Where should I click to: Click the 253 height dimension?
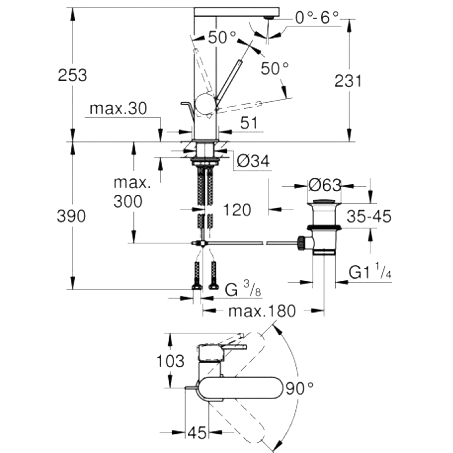pyautogui.click(x=72, y=75)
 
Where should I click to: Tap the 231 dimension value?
pyautogui.click(x=348, y=81)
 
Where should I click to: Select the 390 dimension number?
pyautogui.click(x=71, y=216)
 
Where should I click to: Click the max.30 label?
pyautogui.click(x=118, y=109)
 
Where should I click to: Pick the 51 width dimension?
pyautogui.click(x=249, y=123)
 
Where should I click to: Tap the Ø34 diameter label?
pyautogui.click(x=253, y=161)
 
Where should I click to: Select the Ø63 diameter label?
pyautogui.click(x=325, y=185)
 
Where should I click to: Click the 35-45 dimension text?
pyautogui.click(x=369, y=216)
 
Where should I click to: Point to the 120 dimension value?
pyautogui.click(x=237, y=210)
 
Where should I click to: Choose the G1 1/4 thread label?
pyautogui.click(x=370, y=272)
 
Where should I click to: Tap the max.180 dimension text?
pyautogui.click(x=262, y=311)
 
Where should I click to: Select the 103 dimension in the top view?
pyautogui.click(x=170, y=361)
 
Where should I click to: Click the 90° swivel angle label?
pyautogui.click(x=299, y=388)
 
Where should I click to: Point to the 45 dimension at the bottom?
pyautogui.click(x=197, y=432)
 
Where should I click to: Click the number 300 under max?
pyautogui.click(x=128, y=201)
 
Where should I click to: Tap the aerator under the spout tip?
pyautogui.click(x=270, y=18)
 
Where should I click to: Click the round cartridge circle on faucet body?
pyautogui.click(x=205, y=104)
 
